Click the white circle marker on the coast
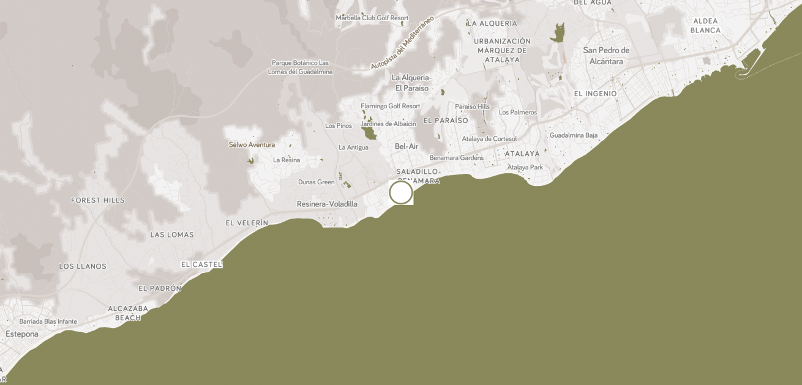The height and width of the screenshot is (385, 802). [x=401, y=192]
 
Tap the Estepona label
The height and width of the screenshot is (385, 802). [x=22, y=334]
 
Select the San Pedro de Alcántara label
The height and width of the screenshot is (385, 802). [x=606, y=56]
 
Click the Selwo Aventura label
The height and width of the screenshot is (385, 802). [x=252, y=145]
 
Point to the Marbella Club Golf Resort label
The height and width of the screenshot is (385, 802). [x=372, y=18]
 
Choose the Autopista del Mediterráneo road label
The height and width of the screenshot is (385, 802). [x=402, y=42]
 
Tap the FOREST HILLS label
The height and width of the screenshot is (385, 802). [x=98, y=200]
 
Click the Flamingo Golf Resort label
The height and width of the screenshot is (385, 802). [x=390, y=106]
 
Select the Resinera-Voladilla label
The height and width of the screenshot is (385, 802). [x=327, y=204]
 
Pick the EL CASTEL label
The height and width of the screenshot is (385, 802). [x=201, y=264]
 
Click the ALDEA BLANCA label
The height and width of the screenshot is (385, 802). [x=705, y=25]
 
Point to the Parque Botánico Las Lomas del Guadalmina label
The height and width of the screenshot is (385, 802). [x=300, y=67]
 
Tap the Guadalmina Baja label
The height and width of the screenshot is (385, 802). [x=574, y=135]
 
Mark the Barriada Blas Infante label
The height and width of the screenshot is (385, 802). [x=48, y=321]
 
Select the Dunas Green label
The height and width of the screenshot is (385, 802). [x=317, y=182]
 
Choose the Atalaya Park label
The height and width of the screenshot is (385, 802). [x=525, y=167]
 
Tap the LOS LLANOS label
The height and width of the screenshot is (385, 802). [x=83, y=266]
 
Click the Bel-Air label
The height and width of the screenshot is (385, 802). [x=407, y=146]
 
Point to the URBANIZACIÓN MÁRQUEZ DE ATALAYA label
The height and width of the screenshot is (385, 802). [x=502, y=50]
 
